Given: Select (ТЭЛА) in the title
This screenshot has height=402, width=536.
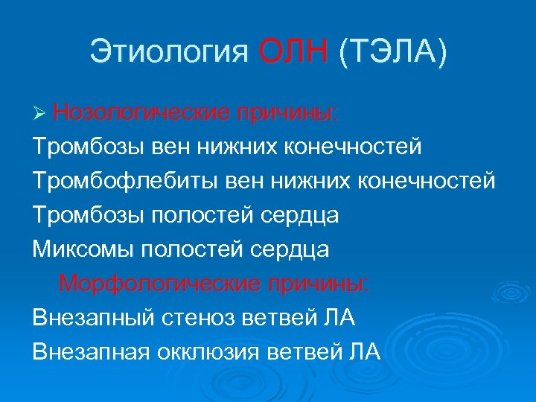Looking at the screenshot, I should click(392, 54).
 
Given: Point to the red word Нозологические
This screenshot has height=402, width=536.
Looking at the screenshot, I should click(141, 113).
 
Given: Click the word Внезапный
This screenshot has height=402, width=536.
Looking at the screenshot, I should click(92, 318).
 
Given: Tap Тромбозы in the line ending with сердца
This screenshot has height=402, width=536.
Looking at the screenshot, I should click(89, 215).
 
